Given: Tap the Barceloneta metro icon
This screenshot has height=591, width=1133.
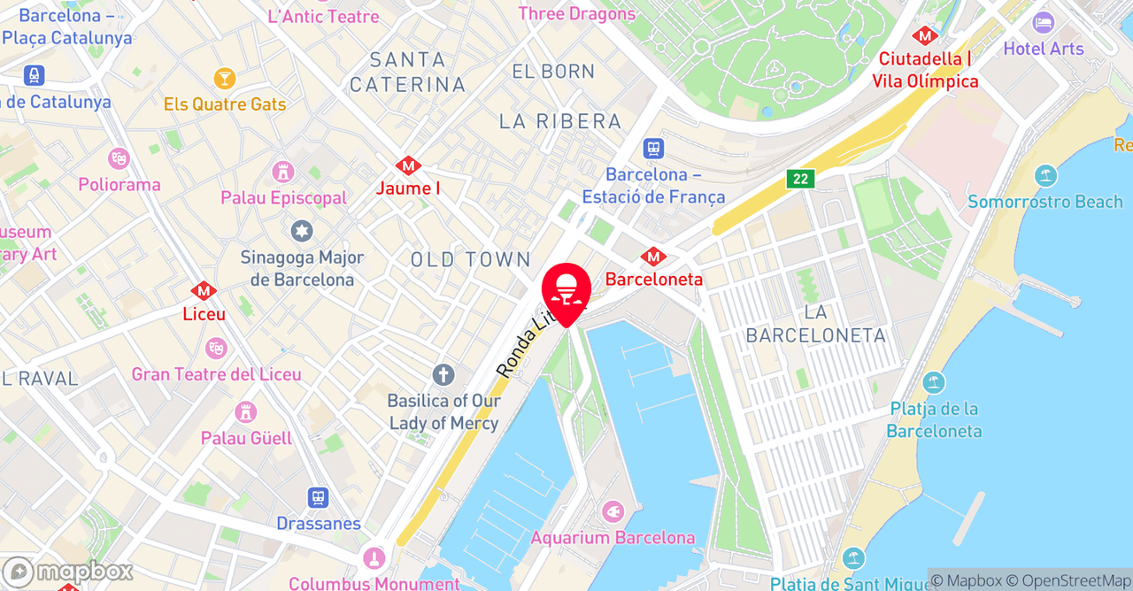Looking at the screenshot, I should pyautogui.click(x=653, y=257).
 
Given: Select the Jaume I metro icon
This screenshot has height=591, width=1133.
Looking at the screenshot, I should pyautogui.click(x=408, y=165).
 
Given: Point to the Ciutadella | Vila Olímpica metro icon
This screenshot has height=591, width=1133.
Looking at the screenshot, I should pyautogui.click(x=925, y=36).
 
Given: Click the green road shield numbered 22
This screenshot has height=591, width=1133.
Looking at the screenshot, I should pyautogui.click(x=800, y=179).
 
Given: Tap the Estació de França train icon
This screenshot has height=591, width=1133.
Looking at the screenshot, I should pyautogui.click(x=653, y=149).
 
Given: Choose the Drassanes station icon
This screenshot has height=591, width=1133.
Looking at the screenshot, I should pyautogui.click(x=318, y=499).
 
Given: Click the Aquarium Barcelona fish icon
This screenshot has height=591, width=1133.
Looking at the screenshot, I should pyautogui.click(x=612, y=512).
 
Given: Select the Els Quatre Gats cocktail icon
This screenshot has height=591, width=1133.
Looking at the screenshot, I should pyautogui.click(x=225, y=79).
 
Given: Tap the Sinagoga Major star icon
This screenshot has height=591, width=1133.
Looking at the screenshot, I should pyautogui.click(x=302, y=232).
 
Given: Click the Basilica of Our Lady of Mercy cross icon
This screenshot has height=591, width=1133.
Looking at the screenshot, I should pyautogui.click(x=443, y=375).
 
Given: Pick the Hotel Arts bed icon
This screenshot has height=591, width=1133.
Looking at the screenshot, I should pyautogui.click(x=1043, y=23).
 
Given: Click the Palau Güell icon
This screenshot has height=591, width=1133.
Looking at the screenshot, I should pyautogui.click(x=246, y=412).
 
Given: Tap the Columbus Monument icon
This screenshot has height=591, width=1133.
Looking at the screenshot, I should pyautogui.click(x=374, y=558).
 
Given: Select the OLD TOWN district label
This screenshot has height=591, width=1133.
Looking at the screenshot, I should pyautogui.click(x=470, y=259).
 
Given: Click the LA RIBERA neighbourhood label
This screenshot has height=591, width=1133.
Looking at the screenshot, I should pyautogui.click(x=560, y=121).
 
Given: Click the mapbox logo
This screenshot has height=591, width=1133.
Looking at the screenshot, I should pyautogui.click(x=67, y=572).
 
